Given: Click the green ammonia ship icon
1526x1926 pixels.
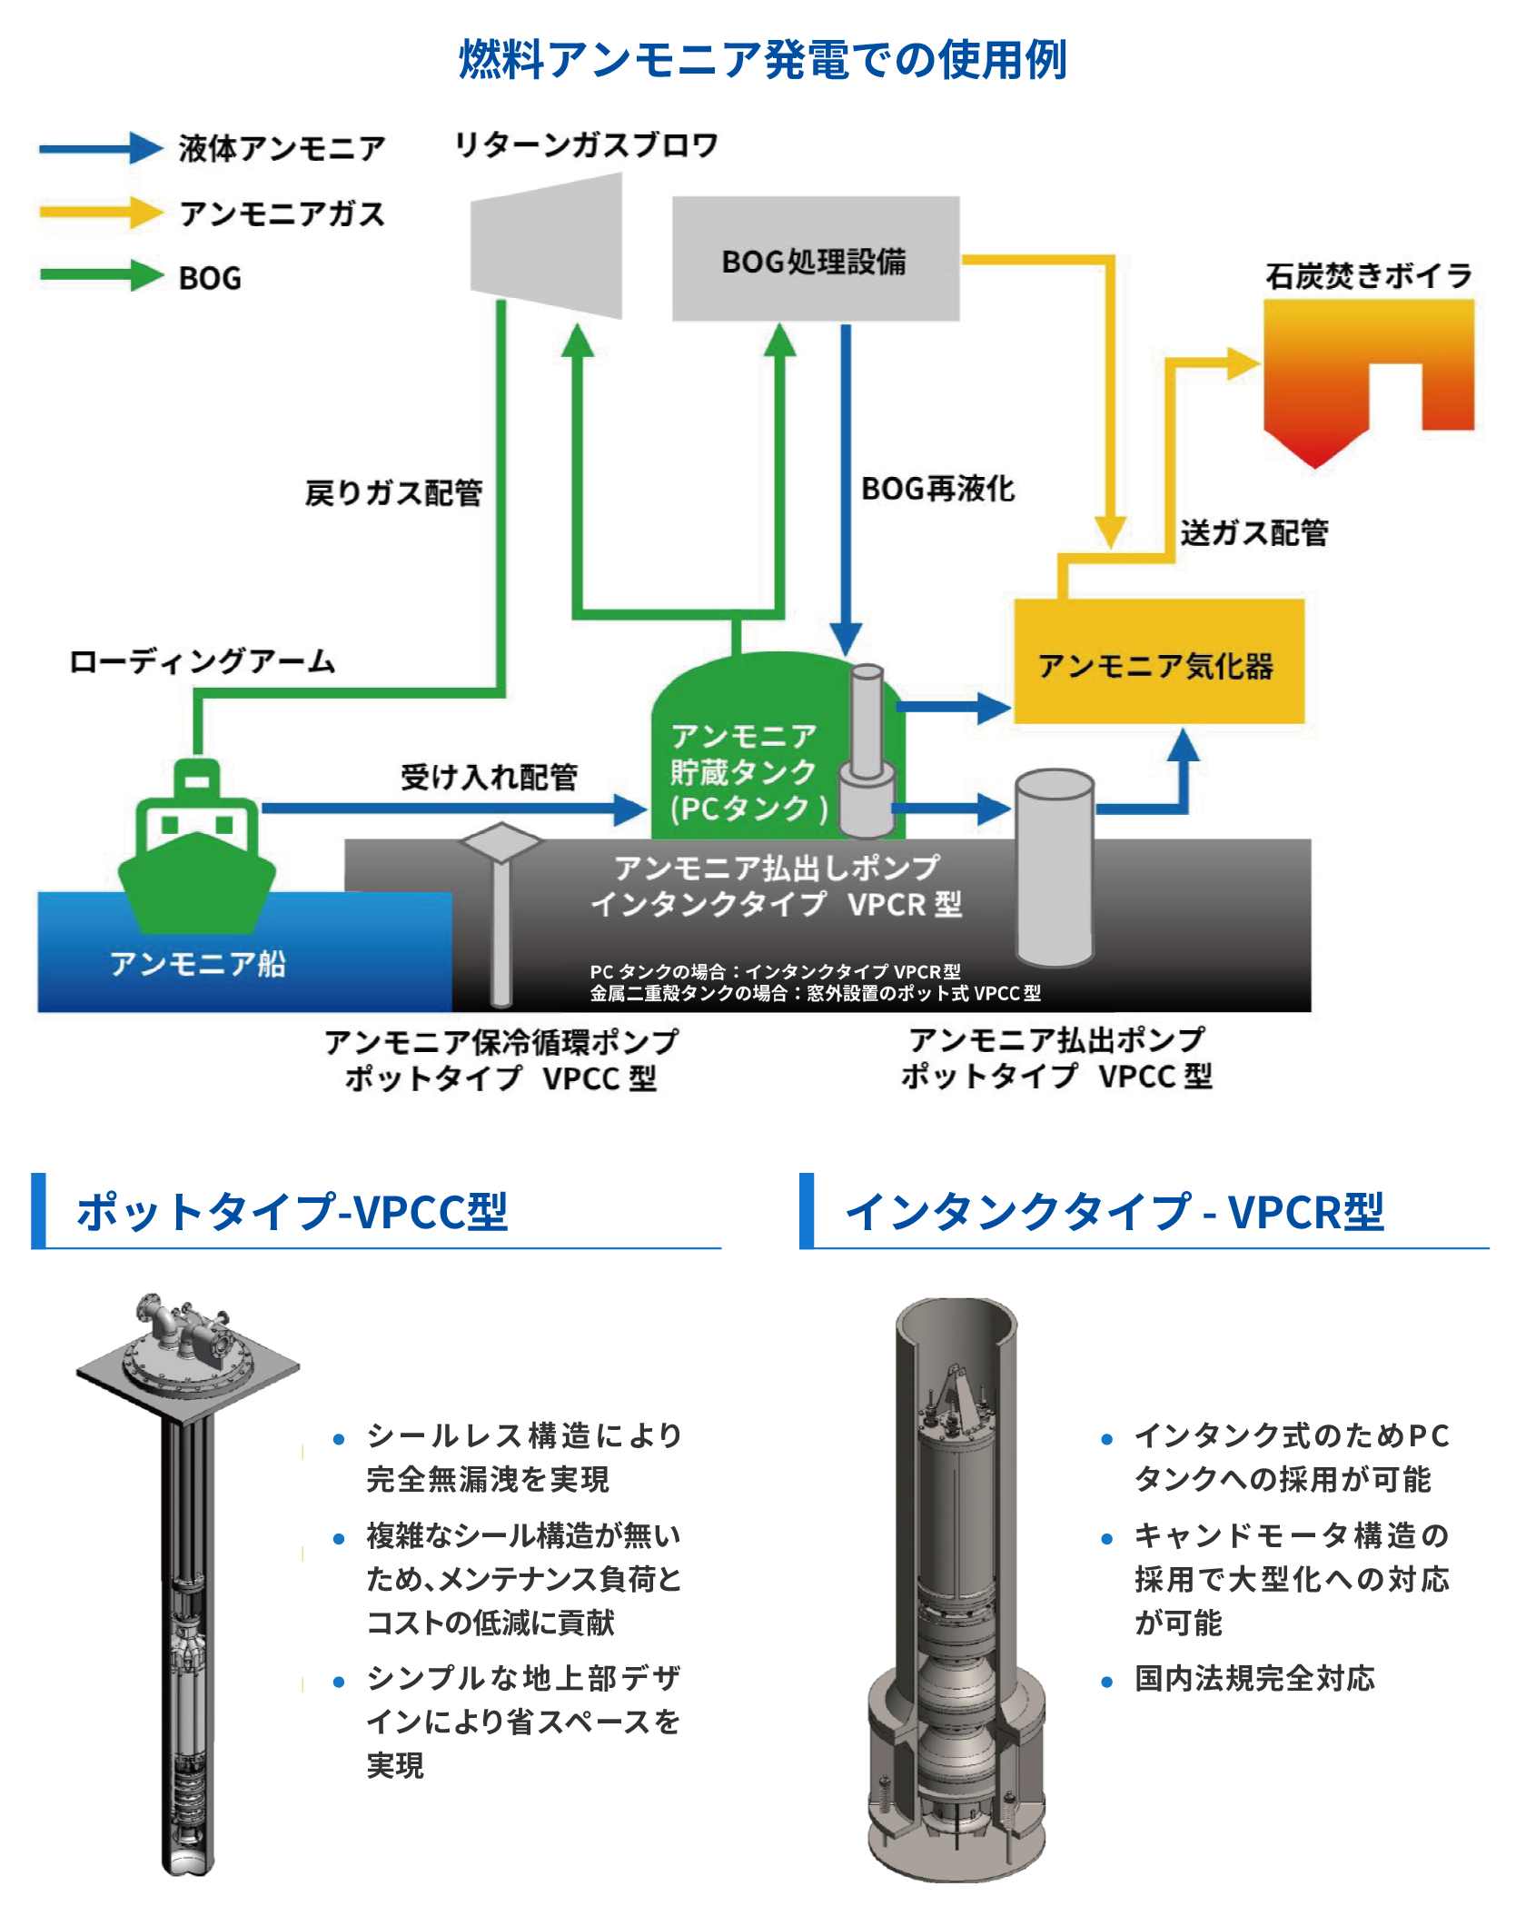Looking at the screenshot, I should [197, 849].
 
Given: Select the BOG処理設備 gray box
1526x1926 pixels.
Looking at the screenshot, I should [815, 260].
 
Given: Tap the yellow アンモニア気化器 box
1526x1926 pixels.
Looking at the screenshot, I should [1158, 663].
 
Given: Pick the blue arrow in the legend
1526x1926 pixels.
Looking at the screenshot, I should [100, 148].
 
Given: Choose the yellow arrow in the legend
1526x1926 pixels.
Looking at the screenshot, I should [100, 213].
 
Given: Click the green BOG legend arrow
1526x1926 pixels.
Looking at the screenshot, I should [100, 276].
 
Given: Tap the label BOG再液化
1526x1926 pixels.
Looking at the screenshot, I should [937, 489].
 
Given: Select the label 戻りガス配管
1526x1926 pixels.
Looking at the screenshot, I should [393, 493].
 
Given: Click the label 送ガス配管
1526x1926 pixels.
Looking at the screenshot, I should [1253, 532].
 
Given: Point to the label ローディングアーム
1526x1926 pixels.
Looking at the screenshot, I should [202, 661].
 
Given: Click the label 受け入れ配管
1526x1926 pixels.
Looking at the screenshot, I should [489, 777].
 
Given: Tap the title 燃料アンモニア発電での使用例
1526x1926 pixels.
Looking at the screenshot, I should [762, 60].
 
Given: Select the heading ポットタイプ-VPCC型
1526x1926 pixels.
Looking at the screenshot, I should [292, 1211].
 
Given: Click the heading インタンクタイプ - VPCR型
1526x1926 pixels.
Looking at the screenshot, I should [1114, 1211].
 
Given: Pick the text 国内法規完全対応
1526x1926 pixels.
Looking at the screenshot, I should [1253, 1678].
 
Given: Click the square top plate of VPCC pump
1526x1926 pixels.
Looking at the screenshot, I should [187, 1363].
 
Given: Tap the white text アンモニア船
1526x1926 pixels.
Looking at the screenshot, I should [197, 963].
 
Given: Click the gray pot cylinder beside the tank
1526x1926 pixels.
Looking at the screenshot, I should [1054, 868].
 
